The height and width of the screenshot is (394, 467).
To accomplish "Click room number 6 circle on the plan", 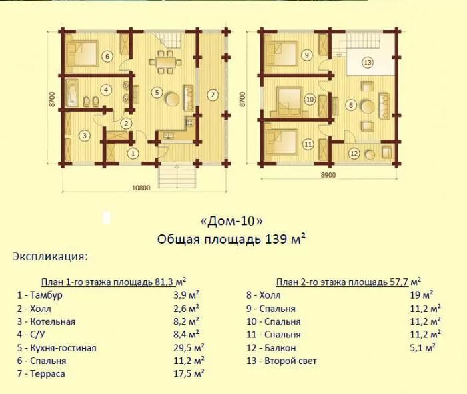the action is click(x=107, y=56).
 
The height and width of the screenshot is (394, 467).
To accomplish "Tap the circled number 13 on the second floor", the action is click(x=367, y=63).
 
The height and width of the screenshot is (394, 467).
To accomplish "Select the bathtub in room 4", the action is click(x=72, y=93).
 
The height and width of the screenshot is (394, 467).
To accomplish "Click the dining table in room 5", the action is click(x=165, y=62).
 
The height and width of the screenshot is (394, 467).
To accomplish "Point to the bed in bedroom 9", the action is click(x=281, y=53).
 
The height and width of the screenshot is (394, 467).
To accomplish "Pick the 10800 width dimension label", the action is click(x=141, y=188).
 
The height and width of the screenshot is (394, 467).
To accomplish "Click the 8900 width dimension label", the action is click(x=328, y=175).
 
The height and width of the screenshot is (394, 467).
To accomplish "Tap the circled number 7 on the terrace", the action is click(x=212, y=95).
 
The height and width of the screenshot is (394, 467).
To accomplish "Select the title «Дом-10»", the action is click(x=232, y=222).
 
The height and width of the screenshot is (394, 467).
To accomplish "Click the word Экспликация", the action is click(x=50, y=256).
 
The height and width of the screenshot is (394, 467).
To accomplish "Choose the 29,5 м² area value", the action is click(x=189, y=347).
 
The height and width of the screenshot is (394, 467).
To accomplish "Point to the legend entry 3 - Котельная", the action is click(x=46, y=322).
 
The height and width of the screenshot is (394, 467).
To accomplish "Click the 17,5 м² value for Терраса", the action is click(x=189, y=373).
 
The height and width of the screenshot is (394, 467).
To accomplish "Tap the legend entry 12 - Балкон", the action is click(x=271, y=347).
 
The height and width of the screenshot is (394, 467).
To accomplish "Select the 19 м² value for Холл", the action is click(x=422, y=295).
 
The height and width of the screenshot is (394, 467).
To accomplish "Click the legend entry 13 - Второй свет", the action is click(x=282, y=361).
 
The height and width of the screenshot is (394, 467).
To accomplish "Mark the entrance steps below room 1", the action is click(x=177, y=177).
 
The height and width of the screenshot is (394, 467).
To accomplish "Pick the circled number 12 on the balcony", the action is click(x=354, y=154).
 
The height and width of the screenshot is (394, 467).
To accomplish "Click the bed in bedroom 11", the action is click(x=282, y=142).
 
